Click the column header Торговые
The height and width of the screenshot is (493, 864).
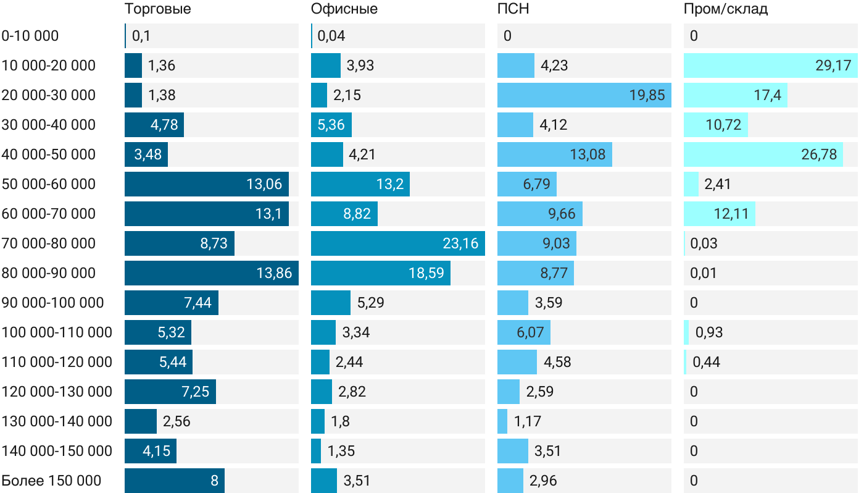pos(157,9)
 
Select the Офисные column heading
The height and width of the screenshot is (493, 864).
pos(344,9)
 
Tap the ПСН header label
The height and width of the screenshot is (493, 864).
pos(513,9)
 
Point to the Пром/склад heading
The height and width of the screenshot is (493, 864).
pos(725,9)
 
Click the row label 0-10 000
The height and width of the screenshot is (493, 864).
pos(30,36)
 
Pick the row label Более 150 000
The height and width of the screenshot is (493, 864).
pos(51,481)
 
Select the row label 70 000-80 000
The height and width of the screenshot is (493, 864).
pos(49,243)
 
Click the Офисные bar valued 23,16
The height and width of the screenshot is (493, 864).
pos(397,243)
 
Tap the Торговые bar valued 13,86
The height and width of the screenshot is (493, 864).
pos(211,273)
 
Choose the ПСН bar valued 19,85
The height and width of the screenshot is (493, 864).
pos(584,95)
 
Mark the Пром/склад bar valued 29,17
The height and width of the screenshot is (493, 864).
pos(770,65)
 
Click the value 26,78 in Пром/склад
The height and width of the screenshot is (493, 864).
pos(819,154)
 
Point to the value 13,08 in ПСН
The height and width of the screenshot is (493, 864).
pos(587,154)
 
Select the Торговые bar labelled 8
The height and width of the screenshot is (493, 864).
pos(174,481)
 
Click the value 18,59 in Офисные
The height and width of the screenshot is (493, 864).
pos(426,273)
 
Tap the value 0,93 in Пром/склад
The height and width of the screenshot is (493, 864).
pos(708,332)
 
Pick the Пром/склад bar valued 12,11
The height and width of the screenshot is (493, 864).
pos(719,214)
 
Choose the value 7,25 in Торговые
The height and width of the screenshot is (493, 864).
pos(196,392)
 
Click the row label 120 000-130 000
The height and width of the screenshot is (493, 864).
pos(57,392)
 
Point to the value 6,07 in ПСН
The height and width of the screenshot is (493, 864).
pos(530,332)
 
